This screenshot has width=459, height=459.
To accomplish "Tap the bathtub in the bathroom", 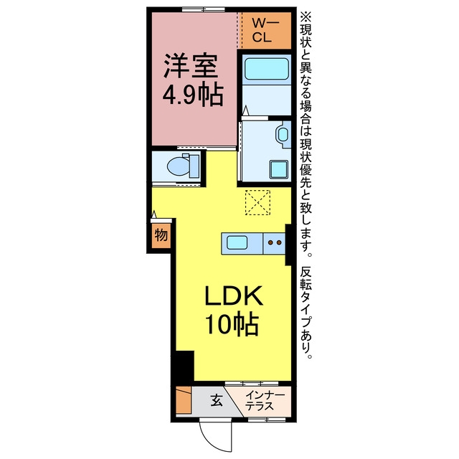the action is tap(266, 69).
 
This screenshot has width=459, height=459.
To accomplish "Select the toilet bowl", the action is tap(178, 166).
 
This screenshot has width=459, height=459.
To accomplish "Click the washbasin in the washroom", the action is tap(283, 135).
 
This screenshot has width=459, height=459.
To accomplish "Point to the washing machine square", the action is tap(279, 169).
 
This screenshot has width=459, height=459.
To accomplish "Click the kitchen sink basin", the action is tap(237, 242).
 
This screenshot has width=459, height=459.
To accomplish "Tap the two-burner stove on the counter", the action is tap(274, 243).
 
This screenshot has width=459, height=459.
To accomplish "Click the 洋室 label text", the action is tap(191, 65).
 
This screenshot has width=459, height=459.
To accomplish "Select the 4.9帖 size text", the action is tap(193, 95).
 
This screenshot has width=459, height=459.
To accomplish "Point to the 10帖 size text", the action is tap(233, 324).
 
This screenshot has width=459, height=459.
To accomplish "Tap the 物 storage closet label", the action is tap(161, 235).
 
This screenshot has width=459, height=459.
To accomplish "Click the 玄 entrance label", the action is tap(217, 400).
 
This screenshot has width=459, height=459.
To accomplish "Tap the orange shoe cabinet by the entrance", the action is tap(184, 400).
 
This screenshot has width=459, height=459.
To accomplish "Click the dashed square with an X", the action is tap(257, 202).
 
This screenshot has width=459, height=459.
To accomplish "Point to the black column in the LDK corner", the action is tap(184, 366).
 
